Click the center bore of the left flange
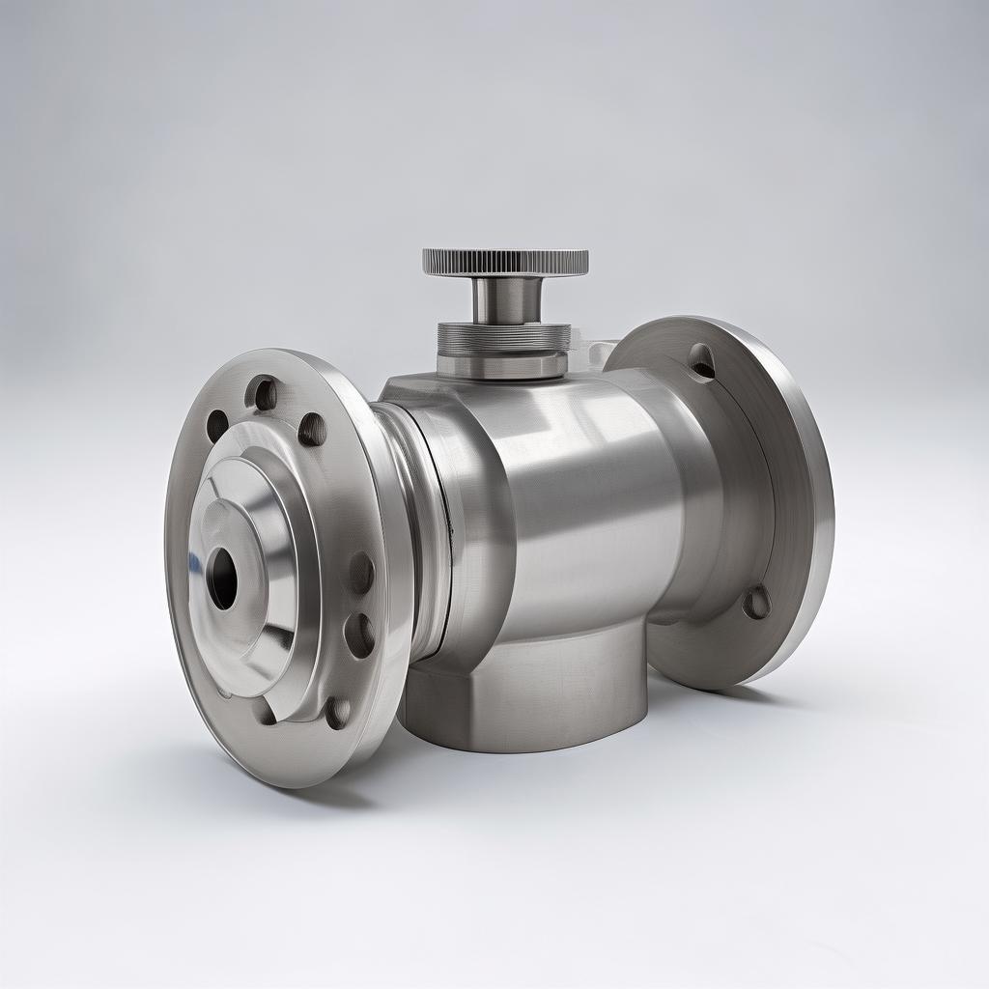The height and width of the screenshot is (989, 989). click(x=223, y=579)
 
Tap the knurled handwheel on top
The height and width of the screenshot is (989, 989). click(x=505, y=262)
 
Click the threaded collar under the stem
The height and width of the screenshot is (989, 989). click(x=503, y=337)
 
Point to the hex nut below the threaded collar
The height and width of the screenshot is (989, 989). click(x=501, y=366)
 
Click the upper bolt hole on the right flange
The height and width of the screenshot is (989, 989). click(x=702, y=362)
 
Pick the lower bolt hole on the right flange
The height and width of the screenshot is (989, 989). click(x=756, y=603)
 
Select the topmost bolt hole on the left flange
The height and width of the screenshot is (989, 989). click(x=262, y=393)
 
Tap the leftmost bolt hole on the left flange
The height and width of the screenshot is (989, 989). click(x=217, y=426)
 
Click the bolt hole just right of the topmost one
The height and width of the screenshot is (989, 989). click(x=311, y=429)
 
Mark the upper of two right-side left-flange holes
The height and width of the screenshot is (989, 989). click(x=360, y=574)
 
